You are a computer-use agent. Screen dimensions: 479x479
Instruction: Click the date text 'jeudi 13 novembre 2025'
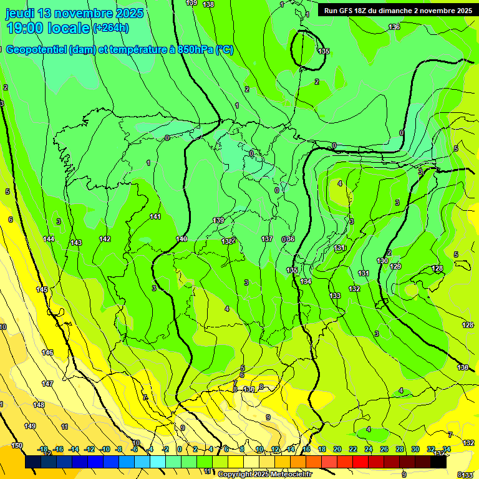point(74,13)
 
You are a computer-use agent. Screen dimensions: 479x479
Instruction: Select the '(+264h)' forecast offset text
point(110,28)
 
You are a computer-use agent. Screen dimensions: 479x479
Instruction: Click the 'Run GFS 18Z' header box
point(397,11)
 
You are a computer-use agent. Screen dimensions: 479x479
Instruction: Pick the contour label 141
point(155,216)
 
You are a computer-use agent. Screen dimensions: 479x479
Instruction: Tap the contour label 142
point(105,239)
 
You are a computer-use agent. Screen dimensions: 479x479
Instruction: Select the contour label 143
point(76,243)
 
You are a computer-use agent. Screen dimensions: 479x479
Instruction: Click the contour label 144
point(49,239)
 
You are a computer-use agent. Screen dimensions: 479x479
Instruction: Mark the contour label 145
point(42,289)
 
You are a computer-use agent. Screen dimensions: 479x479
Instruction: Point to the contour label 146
point(47,352)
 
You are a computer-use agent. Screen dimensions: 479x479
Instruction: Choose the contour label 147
point(47,384)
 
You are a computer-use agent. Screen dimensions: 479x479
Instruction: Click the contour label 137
point(267,239)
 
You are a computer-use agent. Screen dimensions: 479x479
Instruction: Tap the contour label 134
point(306,281)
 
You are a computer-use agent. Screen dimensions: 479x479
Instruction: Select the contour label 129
point(395,266)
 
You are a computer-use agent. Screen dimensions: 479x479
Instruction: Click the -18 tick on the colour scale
point(43,449)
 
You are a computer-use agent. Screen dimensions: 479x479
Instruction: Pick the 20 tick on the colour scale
point(337,449)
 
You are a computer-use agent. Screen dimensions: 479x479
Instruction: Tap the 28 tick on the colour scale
point(399,449)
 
